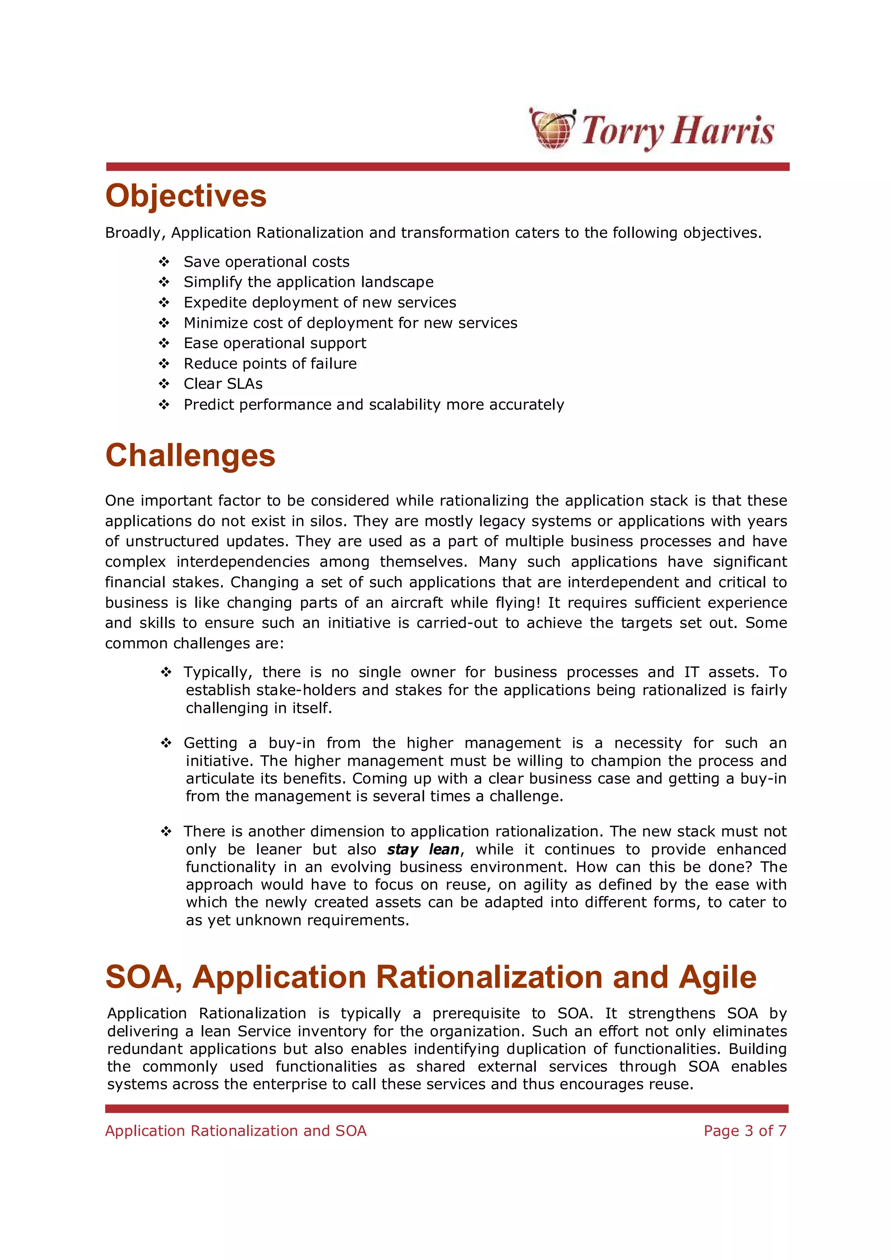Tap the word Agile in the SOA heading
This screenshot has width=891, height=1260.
tap(717, 978)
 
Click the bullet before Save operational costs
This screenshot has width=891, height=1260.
tap(164, 262)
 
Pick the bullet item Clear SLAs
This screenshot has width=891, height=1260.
tap(223, 383)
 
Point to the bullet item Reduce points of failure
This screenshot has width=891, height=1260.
tap(270, 363)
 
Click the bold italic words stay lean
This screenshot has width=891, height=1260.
tap(423, 850)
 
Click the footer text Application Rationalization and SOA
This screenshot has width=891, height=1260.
tap(235, 1131)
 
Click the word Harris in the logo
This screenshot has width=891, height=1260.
tap(723, 131)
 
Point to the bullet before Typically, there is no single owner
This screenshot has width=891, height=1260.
tap(166, 672)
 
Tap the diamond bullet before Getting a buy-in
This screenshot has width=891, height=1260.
tap(166, 743)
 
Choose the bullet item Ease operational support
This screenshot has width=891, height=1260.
tap(275, 343)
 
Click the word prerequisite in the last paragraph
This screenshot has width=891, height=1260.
tap(476, 1014)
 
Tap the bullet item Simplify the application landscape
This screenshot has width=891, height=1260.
tap(308, 282)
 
